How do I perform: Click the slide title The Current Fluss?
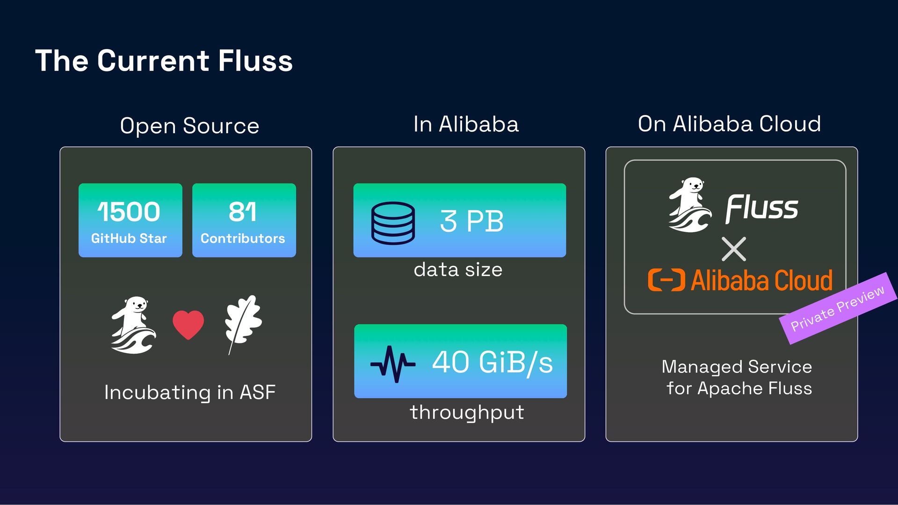(x=164, y=61)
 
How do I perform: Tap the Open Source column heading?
(x=189, y=126)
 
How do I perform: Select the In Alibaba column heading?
(x=466, y=124)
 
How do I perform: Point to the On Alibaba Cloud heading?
(x=729, y=124)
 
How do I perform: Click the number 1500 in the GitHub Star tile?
(x=129, y=212)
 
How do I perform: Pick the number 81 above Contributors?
(x=243, y=212)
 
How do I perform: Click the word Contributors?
(x=243, y=238)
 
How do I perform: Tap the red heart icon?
(x=188, y=325)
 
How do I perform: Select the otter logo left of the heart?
(x=133, y=325)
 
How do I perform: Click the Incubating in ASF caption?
(x=189, y=392)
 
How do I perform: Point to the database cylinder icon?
(x=393, y=223)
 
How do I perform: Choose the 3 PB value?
(x=471, y=221)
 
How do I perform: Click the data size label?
(x=458, y=270)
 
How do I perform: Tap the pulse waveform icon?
(x=393, y=363)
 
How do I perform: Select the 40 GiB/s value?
(x=492, y=362)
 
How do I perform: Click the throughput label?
(x=467, y=413)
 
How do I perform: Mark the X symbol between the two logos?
(x=734, y=249)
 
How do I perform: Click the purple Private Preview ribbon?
(x=838, y=308)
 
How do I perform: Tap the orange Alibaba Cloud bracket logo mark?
(x=666, y=280)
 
